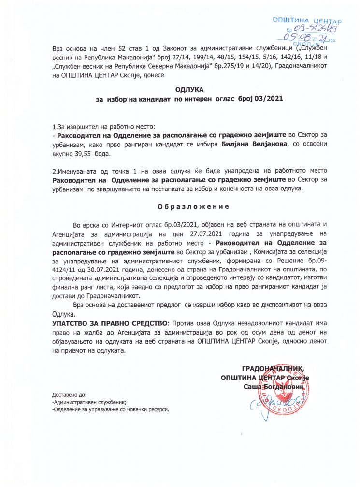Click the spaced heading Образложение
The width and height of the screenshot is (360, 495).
pyautogui.click(x=193, y=206)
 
